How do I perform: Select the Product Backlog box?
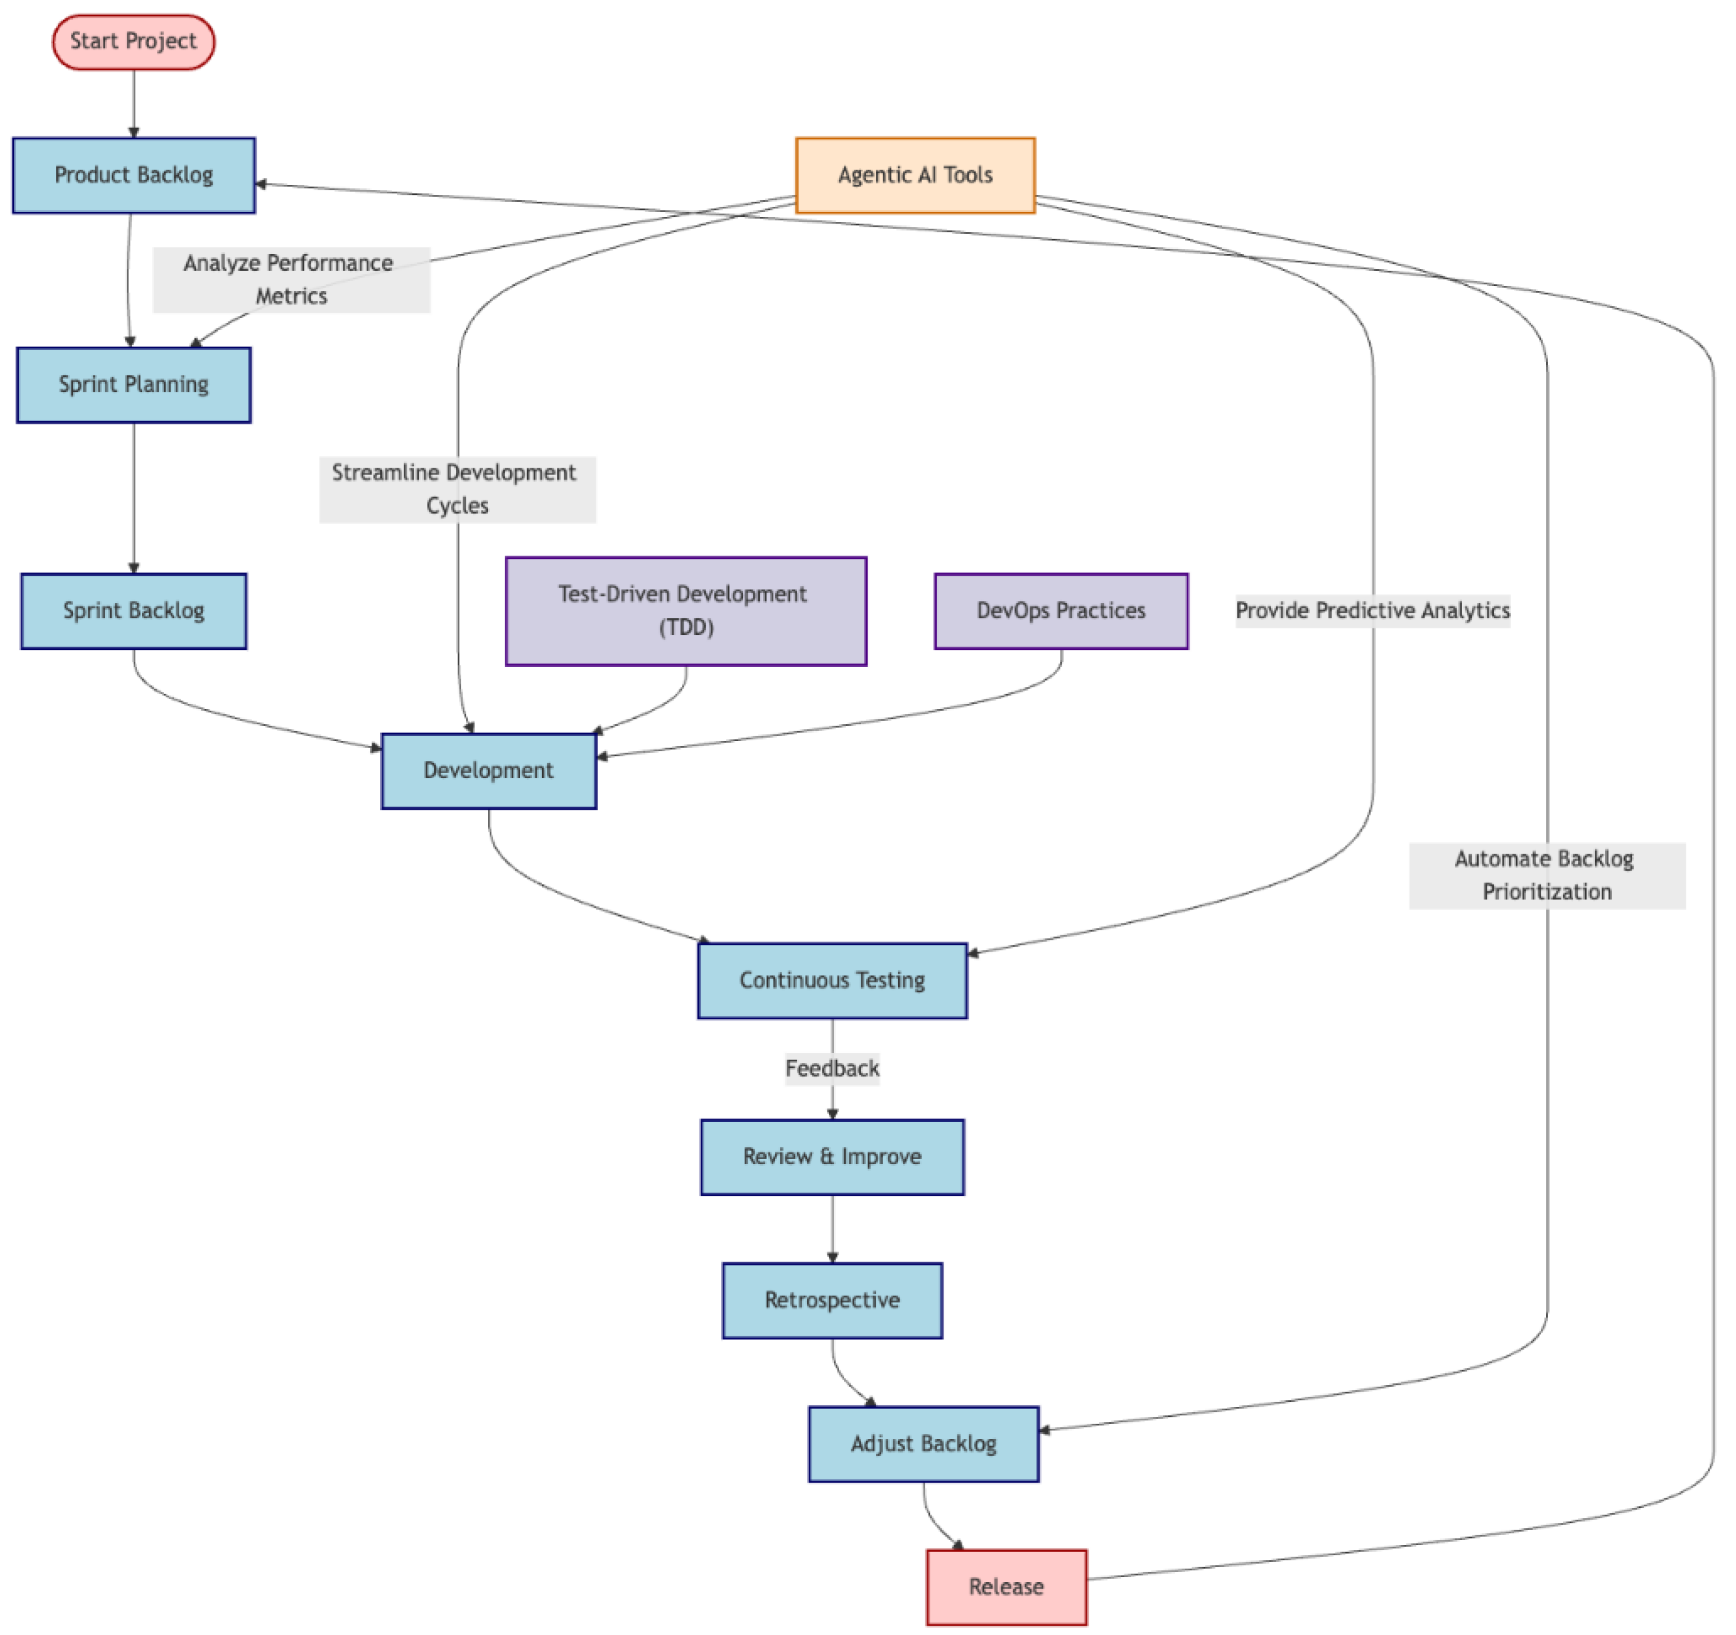pyautogui.click(x=133, y=175)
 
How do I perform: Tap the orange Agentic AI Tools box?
pyautogui.click(x=915, y=175)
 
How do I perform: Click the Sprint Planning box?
pyautogui.click(x=133, y=385)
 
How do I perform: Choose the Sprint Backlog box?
pyautogui.click(x=133, y=611)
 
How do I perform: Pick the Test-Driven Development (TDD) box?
pyautogui.click(x=686, y=611)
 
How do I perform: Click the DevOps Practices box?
pyautogui.click(x=1061, y=611)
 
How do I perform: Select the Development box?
pyautogui.click(x=488, y=771)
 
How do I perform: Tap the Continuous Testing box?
pyautogui.click(x=832, y=980)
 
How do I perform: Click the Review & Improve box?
pyautogui.click(x=832, y=1157)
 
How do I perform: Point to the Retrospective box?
pyautogui.click(x=832, y=1300)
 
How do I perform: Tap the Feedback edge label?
pyautogui.click(x=832, y=1069)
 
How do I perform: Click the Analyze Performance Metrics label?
pyautogui.click(x=291, y=279)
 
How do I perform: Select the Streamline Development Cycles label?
pyautogui.click(x=457, y=489)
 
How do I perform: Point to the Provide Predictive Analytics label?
pyautogui.click(x=1372, y=610)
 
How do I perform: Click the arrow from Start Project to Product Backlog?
pyautogui.click(x=133, y=103)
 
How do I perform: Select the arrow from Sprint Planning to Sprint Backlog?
pyautogui.click(x=133, y=498)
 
